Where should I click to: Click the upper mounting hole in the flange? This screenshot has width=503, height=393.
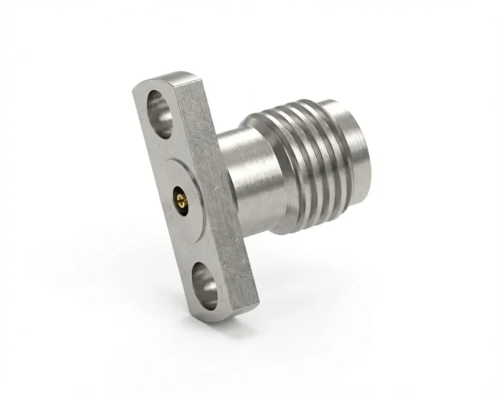[160, 113]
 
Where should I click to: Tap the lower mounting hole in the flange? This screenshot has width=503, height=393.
[202, 283]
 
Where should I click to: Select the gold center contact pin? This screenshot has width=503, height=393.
[179, 197]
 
